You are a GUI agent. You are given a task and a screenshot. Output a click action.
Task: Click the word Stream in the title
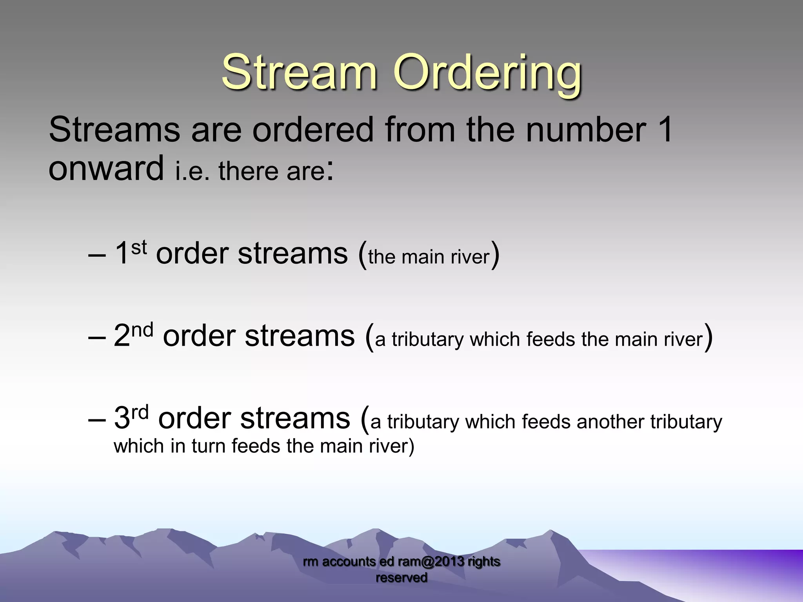[x=299, y=73]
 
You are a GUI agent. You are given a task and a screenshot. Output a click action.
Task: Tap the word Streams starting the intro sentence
[x=114, y=130]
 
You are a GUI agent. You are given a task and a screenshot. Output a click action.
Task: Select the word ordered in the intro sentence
[x=313, y=130]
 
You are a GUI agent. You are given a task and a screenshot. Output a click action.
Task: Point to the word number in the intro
[x=586, y=130]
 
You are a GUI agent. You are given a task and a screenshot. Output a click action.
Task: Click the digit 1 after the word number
[x=664, y=130]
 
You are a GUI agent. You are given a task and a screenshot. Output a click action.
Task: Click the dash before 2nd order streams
[x=97, y=337]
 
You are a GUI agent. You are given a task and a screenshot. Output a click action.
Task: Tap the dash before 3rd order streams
[x=97, y=419]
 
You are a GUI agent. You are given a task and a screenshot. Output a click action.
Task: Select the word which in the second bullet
[x=495, y=339]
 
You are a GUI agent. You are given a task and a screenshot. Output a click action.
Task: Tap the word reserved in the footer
[x=401, y=578]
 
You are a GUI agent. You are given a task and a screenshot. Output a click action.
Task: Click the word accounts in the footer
[x=349, y=562]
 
